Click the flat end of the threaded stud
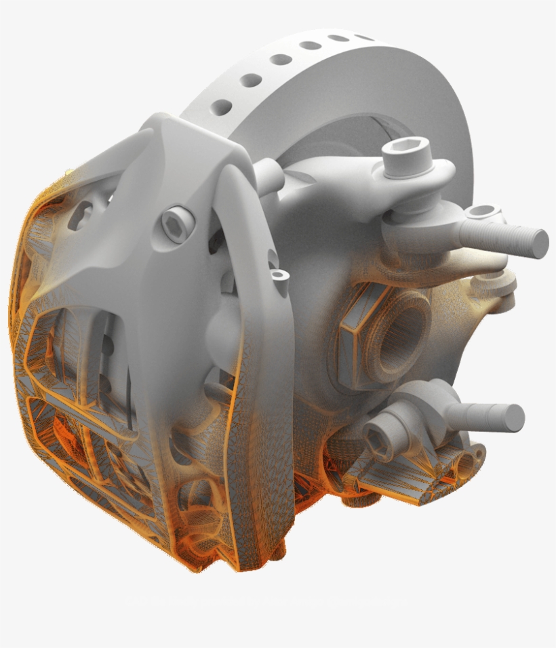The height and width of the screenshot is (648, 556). [x=540, y=243]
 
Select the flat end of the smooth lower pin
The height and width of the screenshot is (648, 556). [x=515, y=418]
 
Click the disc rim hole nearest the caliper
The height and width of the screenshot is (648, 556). [x=222, y=106]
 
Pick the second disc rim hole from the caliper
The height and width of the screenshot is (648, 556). [x=250, y=81]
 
